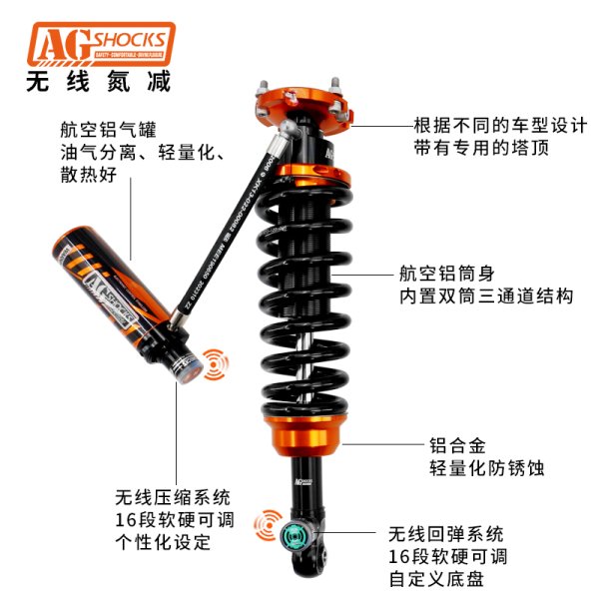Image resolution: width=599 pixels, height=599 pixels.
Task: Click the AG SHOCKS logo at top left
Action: (100, 44)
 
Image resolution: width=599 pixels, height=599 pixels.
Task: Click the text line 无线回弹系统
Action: (446, 533)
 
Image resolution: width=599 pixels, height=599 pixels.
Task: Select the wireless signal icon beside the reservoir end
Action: (213, 363)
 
